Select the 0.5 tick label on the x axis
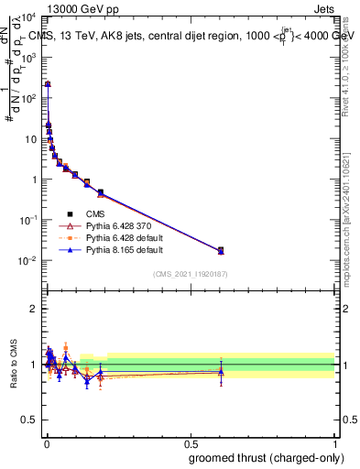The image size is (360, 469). (190, 443)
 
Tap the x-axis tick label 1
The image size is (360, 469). (334, 443)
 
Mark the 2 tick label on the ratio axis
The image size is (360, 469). (33, 309)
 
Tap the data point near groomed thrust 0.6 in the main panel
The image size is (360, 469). (221, 250)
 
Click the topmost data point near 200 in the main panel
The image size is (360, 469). (48, 84)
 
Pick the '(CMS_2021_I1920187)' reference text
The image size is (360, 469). (190, 274)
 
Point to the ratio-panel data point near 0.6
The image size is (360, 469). (221, 371)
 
